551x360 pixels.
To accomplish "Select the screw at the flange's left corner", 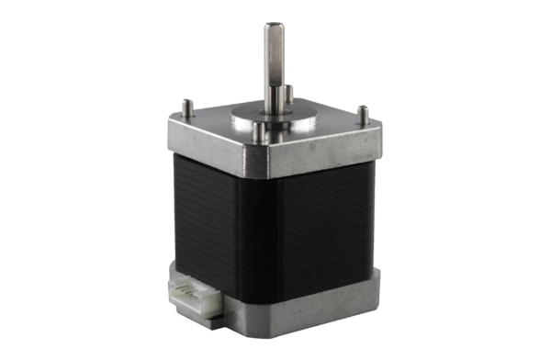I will click(x=186, y=107).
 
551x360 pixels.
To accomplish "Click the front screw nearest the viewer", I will click(x=262, y=134).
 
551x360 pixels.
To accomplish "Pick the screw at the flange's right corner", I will click(x=362, y=115).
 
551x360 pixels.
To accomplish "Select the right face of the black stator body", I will click(x=331, y=220).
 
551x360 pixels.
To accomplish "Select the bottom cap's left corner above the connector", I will click(x=176, y=269).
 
